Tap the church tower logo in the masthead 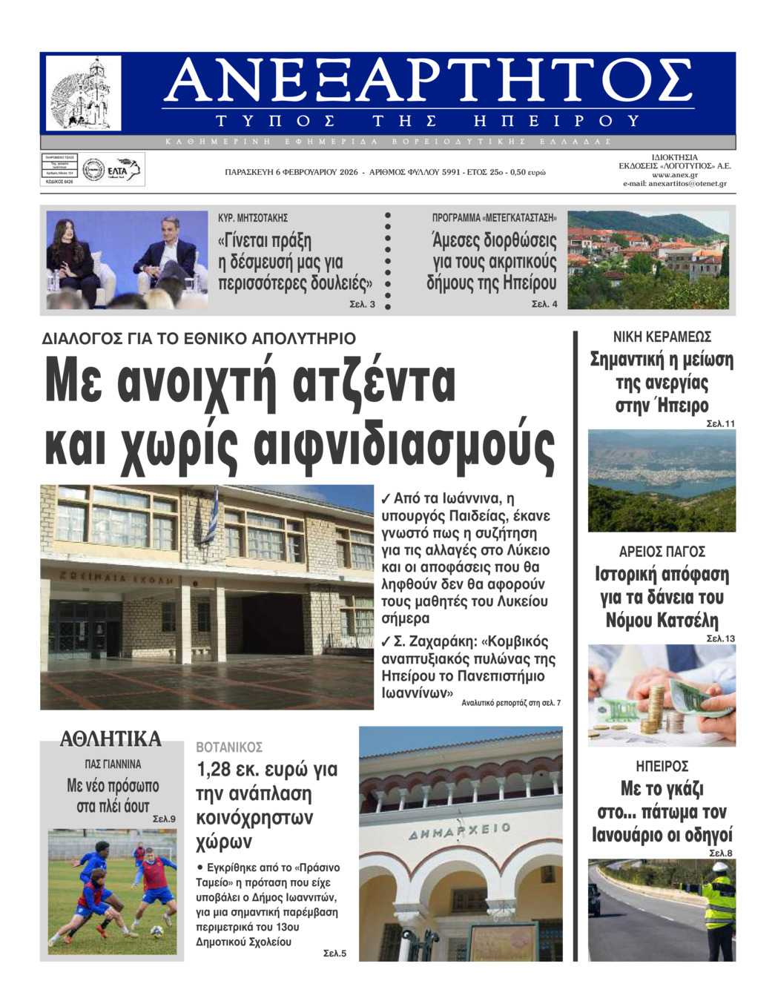84,93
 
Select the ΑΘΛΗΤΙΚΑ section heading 111,739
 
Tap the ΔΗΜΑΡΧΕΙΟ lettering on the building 460,831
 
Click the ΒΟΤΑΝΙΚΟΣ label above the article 229,747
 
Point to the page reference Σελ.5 334,954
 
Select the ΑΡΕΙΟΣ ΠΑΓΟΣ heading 662,552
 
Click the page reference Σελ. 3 362,305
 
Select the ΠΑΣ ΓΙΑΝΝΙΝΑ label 113,764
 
